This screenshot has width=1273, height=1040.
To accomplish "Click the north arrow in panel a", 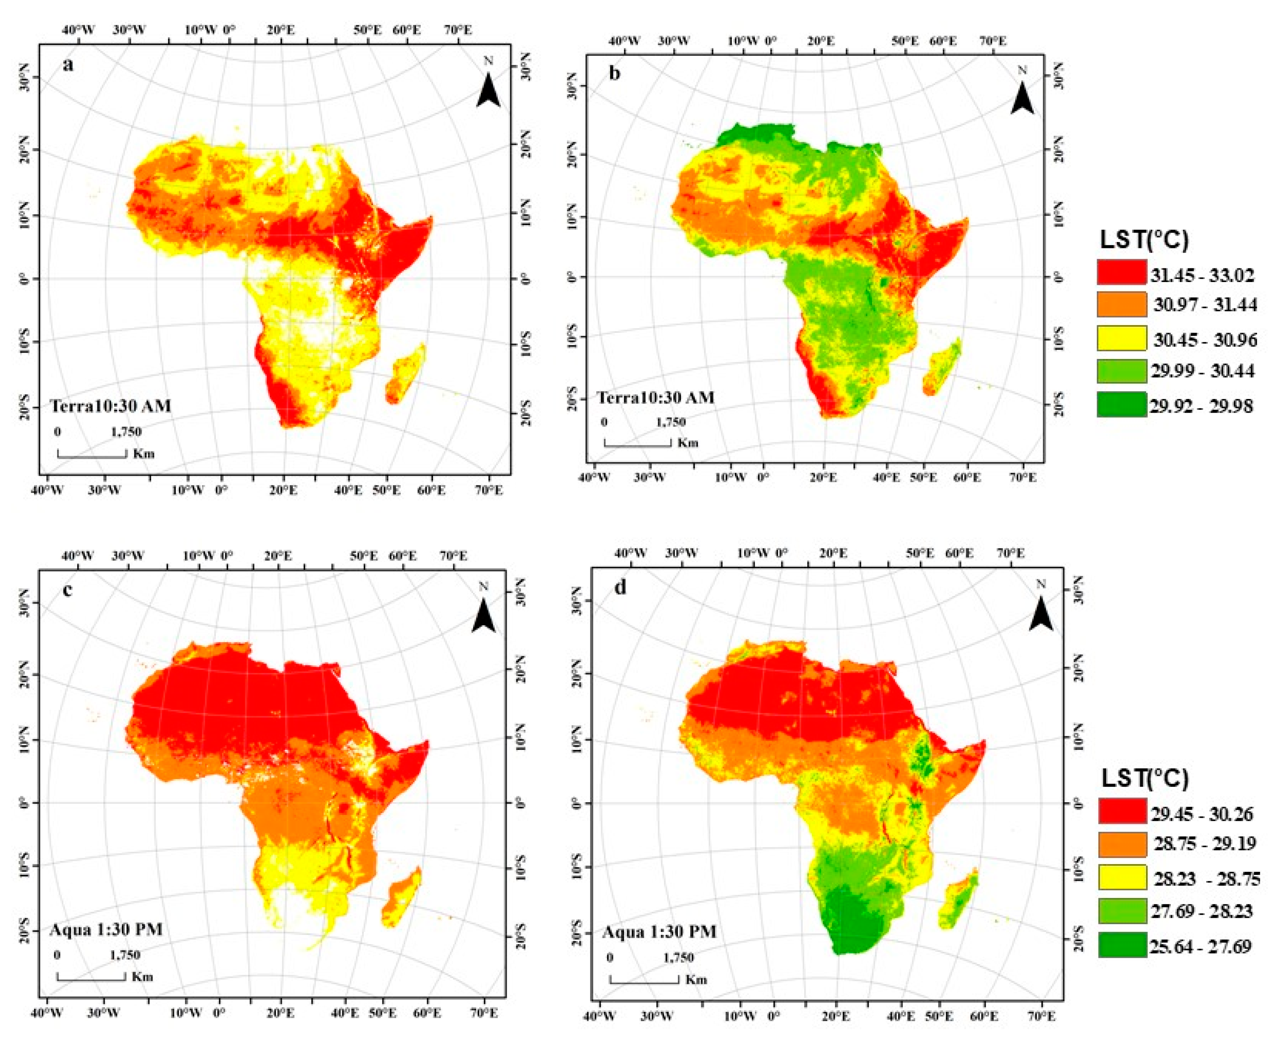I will pos(489,91).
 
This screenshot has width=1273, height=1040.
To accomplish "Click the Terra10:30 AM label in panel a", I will pos(110,406).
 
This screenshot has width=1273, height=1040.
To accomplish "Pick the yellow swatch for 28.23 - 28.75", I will pos(1122,878).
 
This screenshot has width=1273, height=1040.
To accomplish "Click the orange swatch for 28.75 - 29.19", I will pos(1122,845).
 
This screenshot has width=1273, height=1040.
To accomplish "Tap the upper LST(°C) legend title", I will pos(1144,240).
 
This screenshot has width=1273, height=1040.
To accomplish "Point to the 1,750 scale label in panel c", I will pos(125,955).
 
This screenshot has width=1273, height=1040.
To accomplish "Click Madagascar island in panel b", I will pos(943,367).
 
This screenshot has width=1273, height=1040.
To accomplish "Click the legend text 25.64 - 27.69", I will pos(1200,947).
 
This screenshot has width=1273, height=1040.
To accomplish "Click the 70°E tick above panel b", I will pos(993,41).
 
